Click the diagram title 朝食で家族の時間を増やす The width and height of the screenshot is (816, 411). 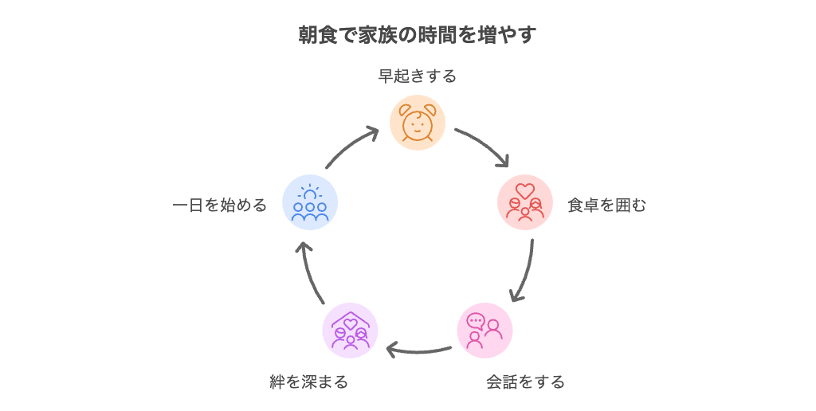pos(418,35)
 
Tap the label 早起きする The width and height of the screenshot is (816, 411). pos(418,76)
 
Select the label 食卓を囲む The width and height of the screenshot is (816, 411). pos(606,205)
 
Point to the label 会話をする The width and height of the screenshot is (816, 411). pos(525,382)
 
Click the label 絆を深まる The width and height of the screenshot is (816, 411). pos(308,382)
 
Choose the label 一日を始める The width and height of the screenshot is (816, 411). pos(220,205)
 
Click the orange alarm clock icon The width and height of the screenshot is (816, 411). pos(418,123)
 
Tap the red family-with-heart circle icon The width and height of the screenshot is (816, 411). pos(525,202)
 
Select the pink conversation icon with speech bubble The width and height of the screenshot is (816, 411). pos(484,331)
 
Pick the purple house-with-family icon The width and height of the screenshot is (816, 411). pos(351,331)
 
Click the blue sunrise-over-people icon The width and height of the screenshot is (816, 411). pos(310,202)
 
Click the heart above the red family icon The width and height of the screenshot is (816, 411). pos(525,190)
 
